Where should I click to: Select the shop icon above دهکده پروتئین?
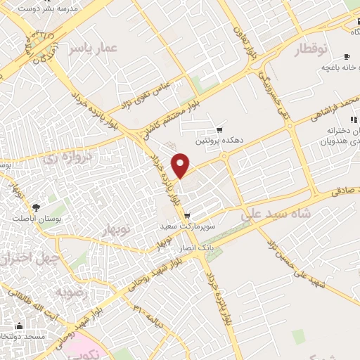click(220, 130)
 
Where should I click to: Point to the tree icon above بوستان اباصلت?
click(35, 207)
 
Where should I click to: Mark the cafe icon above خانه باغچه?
click(347, 57)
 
